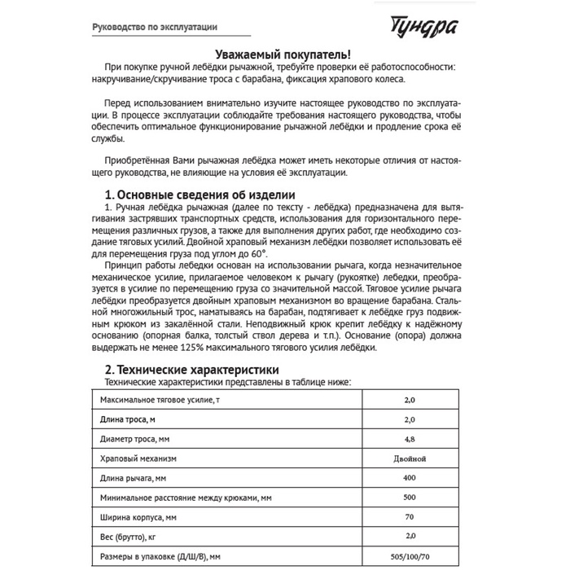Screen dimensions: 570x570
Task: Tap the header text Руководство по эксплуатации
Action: click(x=154, y=26)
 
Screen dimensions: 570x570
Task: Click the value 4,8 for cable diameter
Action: click(x=410, y=440)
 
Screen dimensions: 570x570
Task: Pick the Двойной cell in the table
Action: click(x=410, y=458)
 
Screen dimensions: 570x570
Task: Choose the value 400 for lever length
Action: click(x=410, y=478)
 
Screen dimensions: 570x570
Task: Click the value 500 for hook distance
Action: click(x=410, y=497)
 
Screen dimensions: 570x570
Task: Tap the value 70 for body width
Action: click(x=410, y=516)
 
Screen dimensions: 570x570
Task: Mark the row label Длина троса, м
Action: click(x=128, y=420)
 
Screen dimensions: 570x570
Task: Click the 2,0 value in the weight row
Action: click(x=410, y=536)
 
